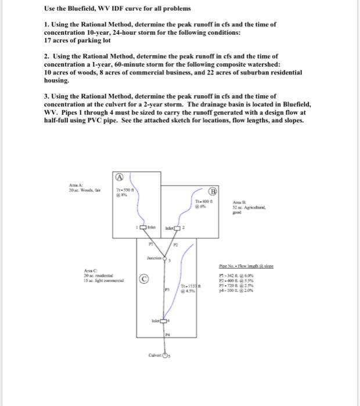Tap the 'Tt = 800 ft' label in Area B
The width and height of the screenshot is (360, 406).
point(203,201)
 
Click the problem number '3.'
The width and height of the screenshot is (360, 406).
point(47,96)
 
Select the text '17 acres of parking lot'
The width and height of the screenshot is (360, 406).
point(77,41)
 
